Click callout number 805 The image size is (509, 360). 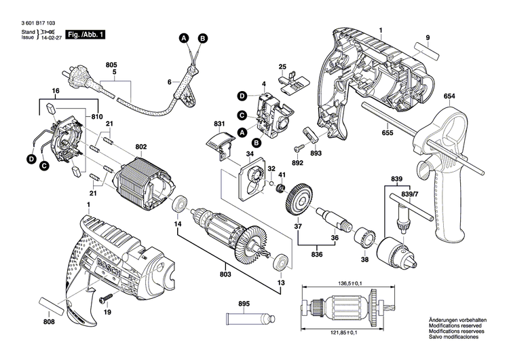pos(112,65)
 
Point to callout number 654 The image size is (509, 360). pos(449,96)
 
